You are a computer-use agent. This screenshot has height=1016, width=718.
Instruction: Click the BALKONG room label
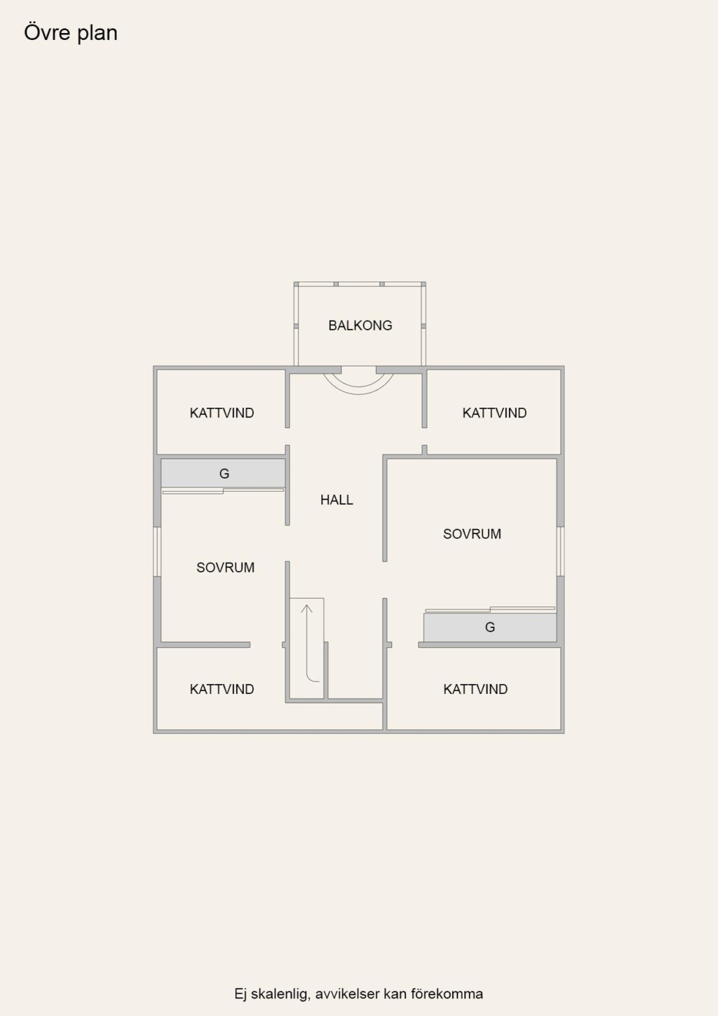[360, 325]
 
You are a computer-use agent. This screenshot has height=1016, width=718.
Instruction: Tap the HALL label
[337, 500]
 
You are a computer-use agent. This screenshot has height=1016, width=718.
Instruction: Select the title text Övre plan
[71, 33]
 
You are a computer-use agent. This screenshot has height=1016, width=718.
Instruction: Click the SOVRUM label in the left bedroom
[225, 567]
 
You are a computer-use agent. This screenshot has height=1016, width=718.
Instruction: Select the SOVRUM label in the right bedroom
[472, 533]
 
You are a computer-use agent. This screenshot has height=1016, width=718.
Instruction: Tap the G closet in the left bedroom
[223, 473]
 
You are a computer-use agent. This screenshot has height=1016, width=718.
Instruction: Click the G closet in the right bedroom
[490, 627]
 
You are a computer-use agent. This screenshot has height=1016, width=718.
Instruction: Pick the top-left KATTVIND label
[222, 413]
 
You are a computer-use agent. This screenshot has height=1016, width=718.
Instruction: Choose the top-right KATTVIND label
[494, 413]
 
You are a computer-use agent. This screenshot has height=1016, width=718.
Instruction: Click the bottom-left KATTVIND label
[222, 689]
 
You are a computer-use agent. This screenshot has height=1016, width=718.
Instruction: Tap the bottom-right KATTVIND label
[475, 689]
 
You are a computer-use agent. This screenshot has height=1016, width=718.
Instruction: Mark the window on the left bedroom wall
[157, 551]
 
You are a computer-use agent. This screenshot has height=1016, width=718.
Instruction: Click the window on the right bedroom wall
[560, 551]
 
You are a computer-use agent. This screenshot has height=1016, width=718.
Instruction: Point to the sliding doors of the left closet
[223, 490]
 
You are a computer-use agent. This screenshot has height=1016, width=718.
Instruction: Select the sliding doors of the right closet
[490, 609]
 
